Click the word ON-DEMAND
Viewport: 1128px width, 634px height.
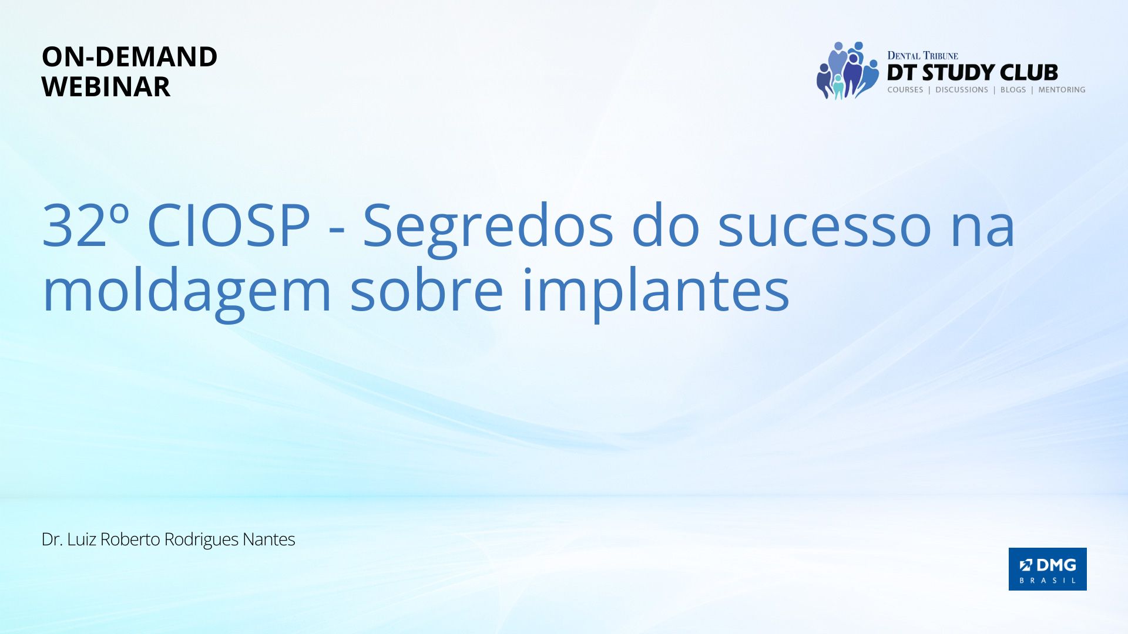(x=129, y=57)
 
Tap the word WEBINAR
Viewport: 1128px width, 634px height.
(x=106, y=87)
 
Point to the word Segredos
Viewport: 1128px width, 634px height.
(x=488, y=229)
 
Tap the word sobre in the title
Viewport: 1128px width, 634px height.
(x=427, y=289)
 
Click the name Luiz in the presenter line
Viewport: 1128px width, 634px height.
(x=82, y=539)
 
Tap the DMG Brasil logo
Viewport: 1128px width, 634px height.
(x=1048, y=569)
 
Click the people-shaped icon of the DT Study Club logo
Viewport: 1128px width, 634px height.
(x=847, y=70)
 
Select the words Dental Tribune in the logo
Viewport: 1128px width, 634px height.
(x=922, y=56)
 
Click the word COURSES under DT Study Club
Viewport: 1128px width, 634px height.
(x=905, y=90)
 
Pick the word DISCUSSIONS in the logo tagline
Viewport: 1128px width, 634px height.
(x=962, y=90)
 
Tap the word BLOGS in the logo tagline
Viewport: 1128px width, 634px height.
(x=1013, y=90)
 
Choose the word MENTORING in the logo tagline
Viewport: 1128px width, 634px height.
(x=1062, y=90)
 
